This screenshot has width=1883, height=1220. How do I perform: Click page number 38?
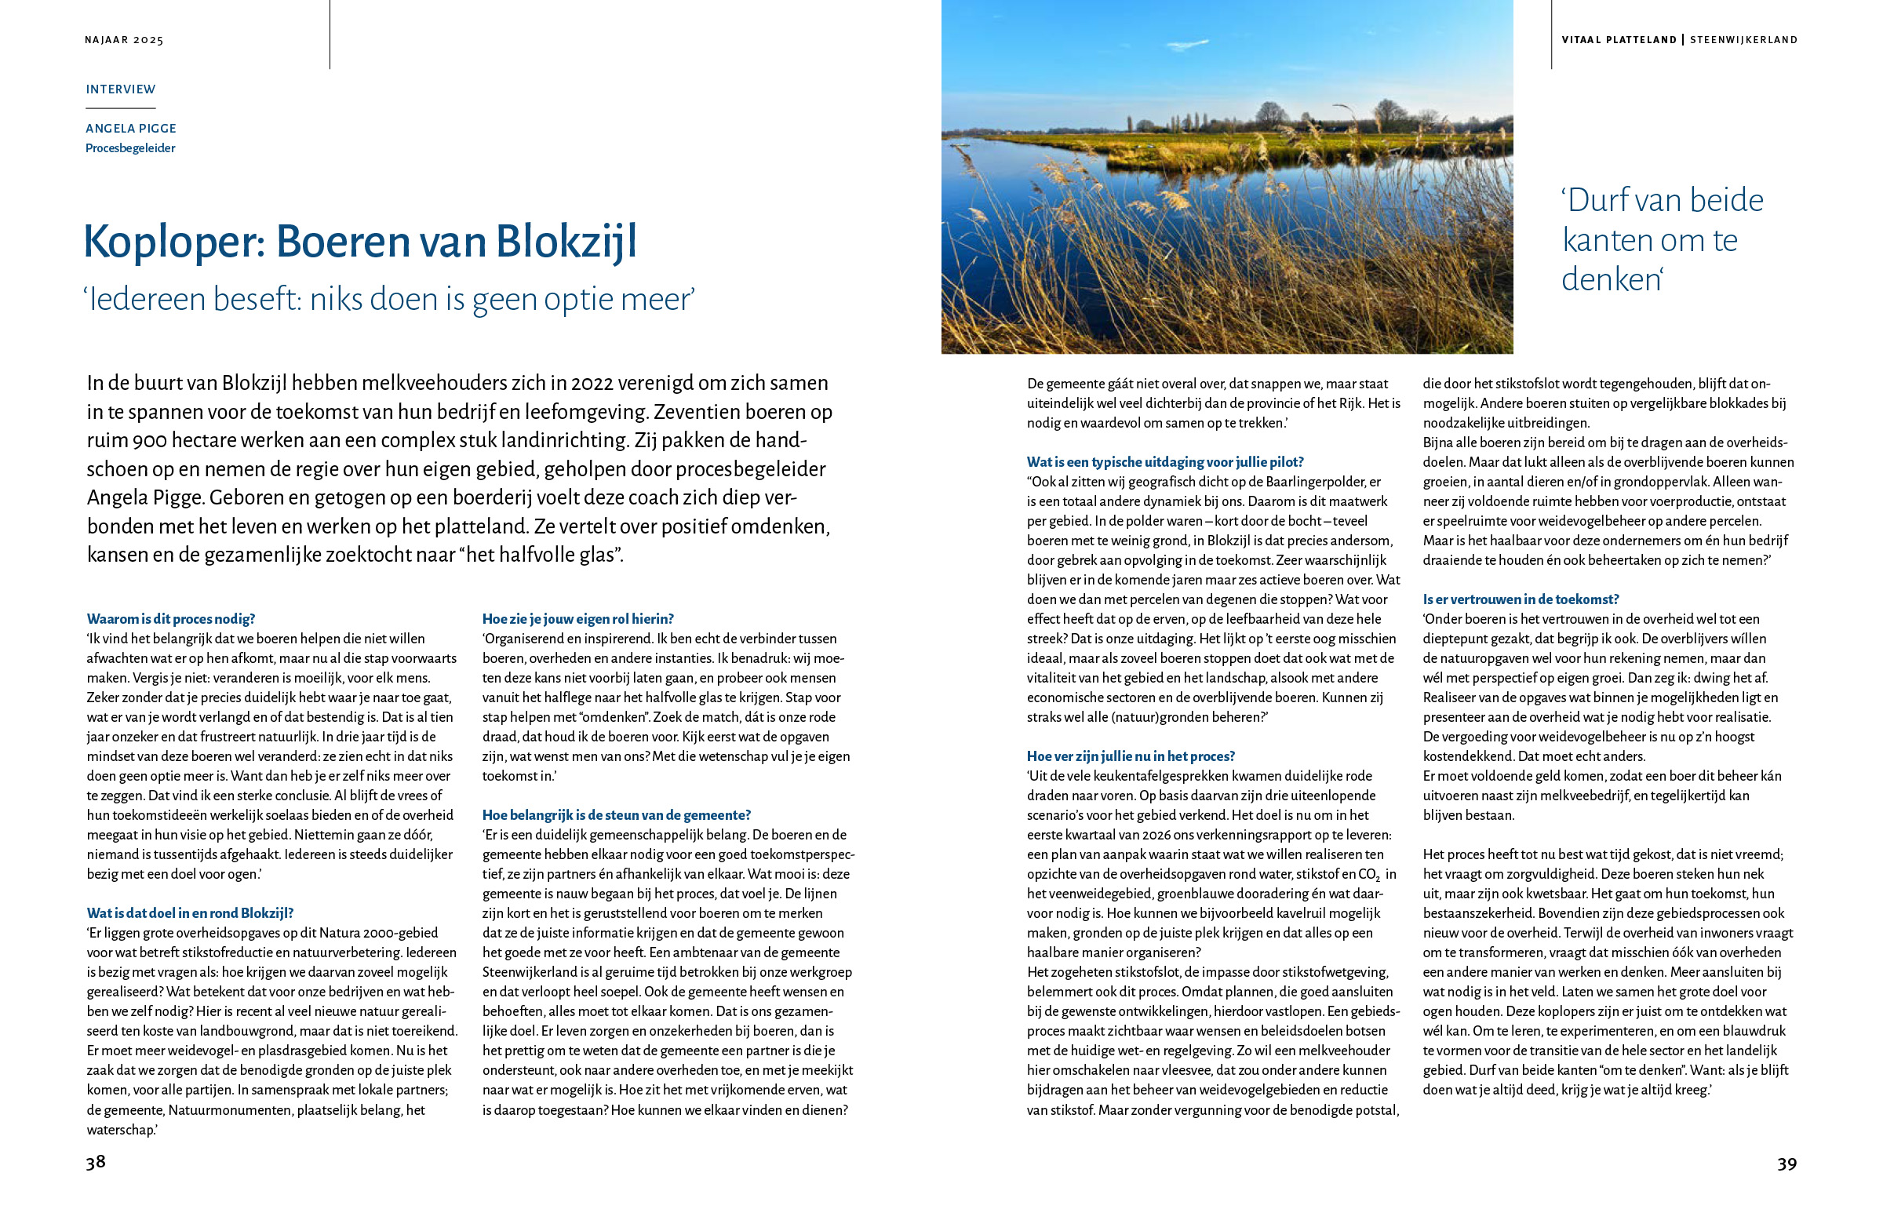coord(96,1161)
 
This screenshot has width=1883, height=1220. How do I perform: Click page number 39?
coord(1786,1163)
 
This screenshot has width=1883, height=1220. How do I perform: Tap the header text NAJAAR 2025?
coord(124,39)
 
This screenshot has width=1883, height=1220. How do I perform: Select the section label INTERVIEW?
coord(121,89)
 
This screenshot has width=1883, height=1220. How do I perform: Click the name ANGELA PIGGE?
coord(131,128)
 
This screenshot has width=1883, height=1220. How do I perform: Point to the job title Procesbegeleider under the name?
coord(130,148)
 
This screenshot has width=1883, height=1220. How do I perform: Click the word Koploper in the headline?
coord(173,242)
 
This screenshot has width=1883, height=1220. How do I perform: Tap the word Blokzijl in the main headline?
coord(566,242)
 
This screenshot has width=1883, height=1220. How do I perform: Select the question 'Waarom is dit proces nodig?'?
coord(171,619)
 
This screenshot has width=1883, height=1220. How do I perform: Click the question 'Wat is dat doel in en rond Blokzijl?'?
coord(190,913)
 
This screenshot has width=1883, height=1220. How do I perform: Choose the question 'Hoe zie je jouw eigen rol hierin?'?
coord(577,619)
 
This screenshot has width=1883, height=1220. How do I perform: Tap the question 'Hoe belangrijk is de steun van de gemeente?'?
coord(617,815)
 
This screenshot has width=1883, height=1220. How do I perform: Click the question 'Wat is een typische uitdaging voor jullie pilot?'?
coord(1165,462)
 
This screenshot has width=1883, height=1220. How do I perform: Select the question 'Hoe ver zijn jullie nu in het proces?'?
coord(1131,756)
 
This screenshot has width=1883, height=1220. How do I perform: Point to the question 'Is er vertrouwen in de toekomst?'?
coord(1521,599)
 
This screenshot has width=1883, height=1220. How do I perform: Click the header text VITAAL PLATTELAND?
coord(1619,39)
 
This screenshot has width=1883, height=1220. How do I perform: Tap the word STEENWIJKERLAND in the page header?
coord(1744,39)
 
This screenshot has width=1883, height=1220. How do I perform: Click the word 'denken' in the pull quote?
coord(1610,279)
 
